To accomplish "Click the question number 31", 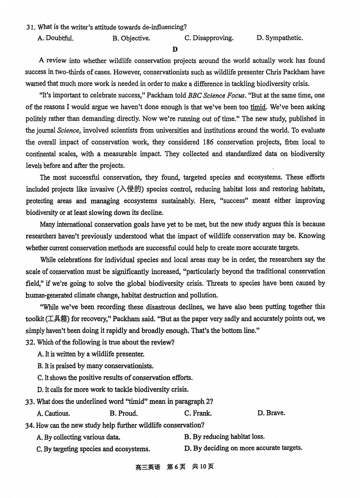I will [30, 27].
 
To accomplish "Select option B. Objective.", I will [131, 38].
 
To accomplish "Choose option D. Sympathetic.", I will [280, 38].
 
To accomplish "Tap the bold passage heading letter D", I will [175, 49].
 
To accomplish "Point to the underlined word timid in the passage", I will [258, 107].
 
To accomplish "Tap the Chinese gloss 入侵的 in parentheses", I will [131, 189].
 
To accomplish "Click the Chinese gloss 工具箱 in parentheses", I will [57, 319].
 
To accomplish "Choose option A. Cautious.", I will [53, 413].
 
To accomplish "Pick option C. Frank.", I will [198, 413].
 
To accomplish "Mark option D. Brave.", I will [271, 413].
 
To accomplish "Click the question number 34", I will [30, 425].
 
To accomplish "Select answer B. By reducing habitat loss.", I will [224, 437].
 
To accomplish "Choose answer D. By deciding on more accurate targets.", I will [243, 448].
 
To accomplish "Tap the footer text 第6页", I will [176, 467].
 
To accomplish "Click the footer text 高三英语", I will [148, 467].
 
